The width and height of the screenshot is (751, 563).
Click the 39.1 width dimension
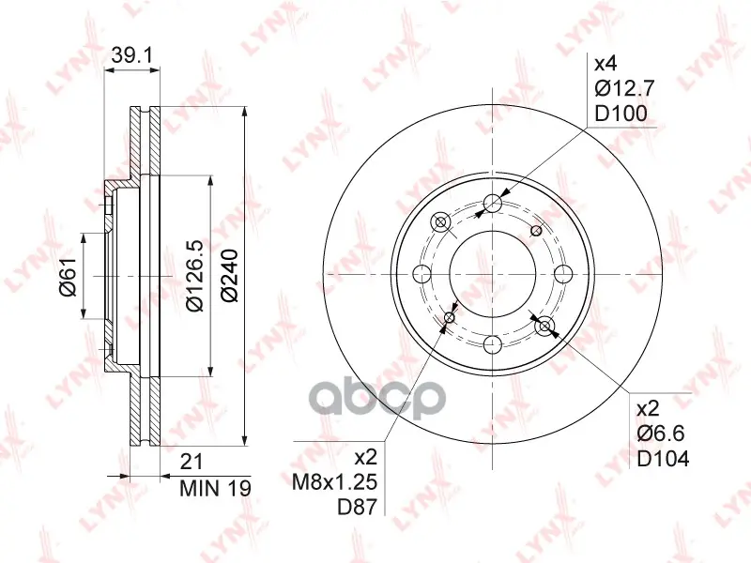(x=131, y=56)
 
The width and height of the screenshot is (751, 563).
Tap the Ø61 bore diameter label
(x=69, y=276)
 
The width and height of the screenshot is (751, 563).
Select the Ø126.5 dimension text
(x=196, y=276)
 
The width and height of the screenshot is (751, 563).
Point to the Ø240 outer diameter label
(x=230, y=275)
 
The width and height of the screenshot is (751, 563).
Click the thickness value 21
(x=192, y=463)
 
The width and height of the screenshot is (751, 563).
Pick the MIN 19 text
(x=215, y=488)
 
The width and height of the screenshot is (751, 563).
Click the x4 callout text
(x=605, y=63)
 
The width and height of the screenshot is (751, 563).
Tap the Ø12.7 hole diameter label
(x=624, y=88)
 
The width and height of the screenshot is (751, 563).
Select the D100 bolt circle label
(x=621, y=114)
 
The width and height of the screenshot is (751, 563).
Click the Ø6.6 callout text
(x=661, y=434)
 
